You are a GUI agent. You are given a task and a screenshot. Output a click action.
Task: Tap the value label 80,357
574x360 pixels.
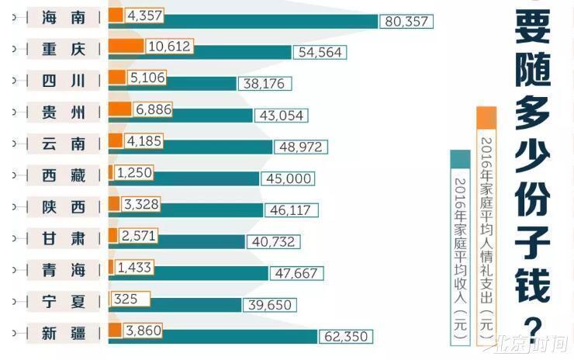406,22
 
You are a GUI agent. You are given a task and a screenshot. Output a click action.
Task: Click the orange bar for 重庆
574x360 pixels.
126,46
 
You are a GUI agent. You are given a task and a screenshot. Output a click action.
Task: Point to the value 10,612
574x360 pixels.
168,46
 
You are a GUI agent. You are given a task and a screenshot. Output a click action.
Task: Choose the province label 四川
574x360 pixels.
64,81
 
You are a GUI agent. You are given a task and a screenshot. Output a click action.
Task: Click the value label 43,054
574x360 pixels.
281,115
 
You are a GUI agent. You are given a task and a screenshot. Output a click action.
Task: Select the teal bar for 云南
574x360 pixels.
190,147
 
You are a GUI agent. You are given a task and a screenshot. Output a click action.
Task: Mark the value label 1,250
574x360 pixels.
136,172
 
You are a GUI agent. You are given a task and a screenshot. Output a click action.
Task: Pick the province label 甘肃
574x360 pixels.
64,238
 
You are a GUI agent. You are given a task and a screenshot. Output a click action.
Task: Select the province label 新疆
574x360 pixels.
64,334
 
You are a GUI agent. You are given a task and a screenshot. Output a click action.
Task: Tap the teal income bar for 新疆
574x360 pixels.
213,336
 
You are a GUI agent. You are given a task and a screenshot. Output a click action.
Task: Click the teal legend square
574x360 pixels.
461,158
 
